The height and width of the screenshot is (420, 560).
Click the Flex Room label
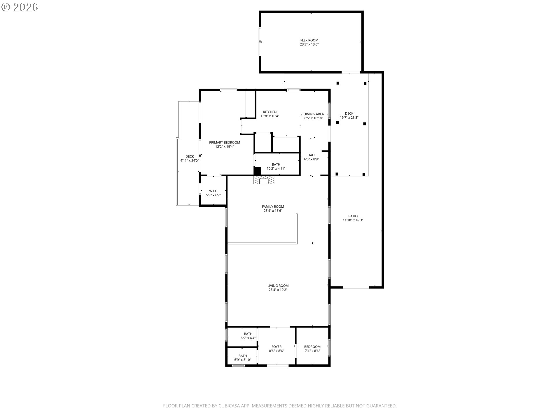[x=309, y=40]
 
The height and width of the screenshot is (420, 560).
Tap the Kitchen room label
[x=270, y=112]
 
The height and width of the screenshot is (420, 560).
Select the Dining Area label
[x=314, y=114]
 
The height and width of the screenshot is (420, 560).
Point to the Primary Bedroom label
[x=225, y=143]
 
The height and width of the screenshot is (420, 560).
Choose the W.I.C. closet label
[x=213, y=191]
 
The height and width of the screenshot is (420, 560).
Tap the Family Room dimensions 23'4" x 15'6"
[x=273, y=211]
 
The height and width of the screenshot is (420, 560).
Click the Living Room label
[x=278, y=286]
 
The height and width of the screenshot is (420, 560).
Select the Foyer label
[x=276, y=347]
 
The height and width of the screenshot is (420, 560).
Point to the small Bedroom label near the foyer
[x=312, y=347]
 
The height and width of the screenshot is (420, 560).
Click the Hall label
[x=311, y=155]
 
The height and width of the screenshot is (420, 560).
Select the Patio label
[x=353, y=216]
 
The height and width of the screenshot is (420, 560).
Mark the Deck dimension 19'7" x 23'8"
[x=349, y=118]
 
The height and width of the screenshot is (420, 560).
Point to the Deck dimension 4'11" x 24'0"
[x=190, y=160]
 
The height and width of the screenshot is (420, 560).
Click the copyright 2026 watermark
[x=20, y=7]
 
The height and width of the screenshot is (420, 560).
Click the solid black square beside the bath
[x=257, y=171]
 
